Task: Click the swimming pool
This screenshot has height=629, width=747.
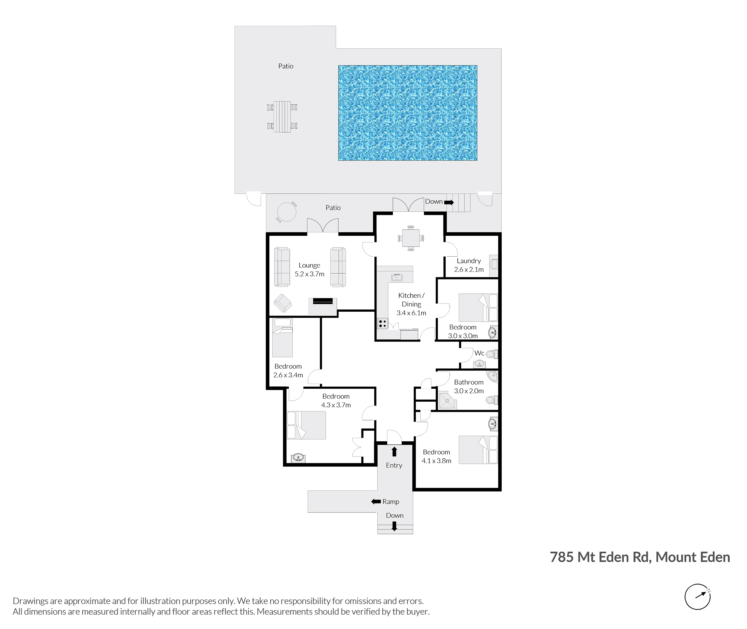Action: point(408,113)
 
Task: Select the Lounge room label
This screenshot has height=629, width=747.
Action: point(309,265)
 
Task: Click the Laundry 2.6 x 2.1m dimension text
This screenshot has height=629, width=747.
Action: point(469,270)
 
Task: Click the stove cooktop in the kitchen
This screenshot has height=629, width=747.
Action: point(382,323)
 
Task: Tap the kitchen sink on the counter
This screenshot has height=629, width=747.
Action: point(397,277)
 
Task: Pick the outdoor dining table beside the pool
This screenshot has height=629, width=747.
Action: point(282,117)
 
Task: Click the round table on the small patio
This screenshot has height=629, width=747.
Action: point(286,212)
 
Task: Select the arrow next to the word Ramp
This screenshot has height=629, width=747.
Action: point(376,501)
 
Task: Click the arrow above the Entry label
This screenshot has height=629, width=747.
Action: point(394,452)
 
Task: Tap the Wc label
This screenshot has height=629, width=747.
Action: point(479,353)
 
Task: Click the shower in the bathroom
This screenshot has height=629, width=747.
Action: point(448,400)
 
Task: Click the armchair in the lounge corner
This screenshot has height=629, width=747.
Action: point(283,304)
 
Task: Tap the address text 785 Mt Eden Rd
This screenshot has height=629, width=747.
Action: point(601,557)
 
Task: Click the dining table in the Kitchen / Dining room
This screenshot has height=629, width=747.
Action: point(411,238)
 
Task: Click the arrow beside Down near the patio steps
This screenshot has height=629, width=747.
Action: point(448,203)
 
